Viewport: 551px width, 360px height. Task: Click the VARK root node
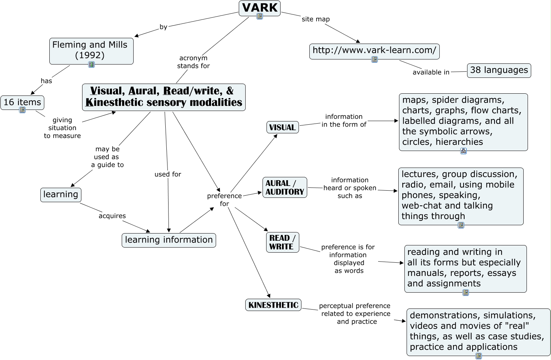pyautogui.click(x=259, y=8)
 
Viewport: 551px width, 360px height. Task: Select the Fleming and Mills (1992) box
pyautogui.click(x=91, y=50)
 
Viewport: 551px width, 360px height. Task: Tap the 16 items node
pyautogui.click(x=22, y=102)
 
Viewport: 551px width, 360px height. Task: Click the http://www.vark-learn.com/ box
pyautogui.click(x=374, y=50)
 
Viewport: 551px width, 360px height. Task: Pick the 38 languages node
pyautogui.click(x=499, y=70)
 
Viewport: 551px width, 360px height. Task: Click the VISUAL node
pyautogui.click(x=282, y=127)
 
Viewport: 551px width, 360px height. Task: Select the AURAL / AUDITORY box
pyautogui.click(x=285, y=187)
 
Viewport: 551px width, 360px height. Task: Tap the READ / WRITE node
pyautogui.click(x=282, y=242)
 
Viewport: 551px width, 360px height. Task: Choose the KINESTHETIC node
pyautogui.click(x=273, y=305)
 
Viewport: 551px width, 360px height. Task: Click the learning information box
pyautogui.click(x=169, y=240)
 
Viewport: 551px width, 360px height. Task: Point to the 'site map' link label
pyautogui.click(x=315, y=19)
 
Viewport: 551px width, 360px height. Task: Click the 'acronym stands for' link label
pyautogui.click(x=193, y=62)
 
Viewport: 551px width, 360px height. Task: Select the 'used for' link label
pyautogui.click(x=167, y=174)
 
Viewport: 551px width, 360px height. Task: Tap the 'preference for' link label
pyautogui.click(x=224, y=200)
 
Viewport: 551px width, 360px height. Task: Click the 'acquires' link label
pyautogui.click(x=112, y=216)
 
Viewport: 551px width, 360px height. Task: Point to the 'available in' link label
pyautogui.click(x=431, y=72)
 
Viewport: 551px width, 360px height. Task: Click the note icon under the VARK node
pyautogui.click(x=259, y=16)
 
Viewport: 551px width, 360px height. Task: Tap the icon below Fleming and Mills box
pyautogui.click(x=91, y=65)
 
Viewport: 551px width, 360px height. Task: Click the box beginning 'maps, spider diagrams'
pyautogui.click(x=463, y=121)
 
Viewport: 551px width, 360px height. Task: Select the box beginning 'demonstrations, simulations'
pyautogui.click(x=478, y=332)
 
